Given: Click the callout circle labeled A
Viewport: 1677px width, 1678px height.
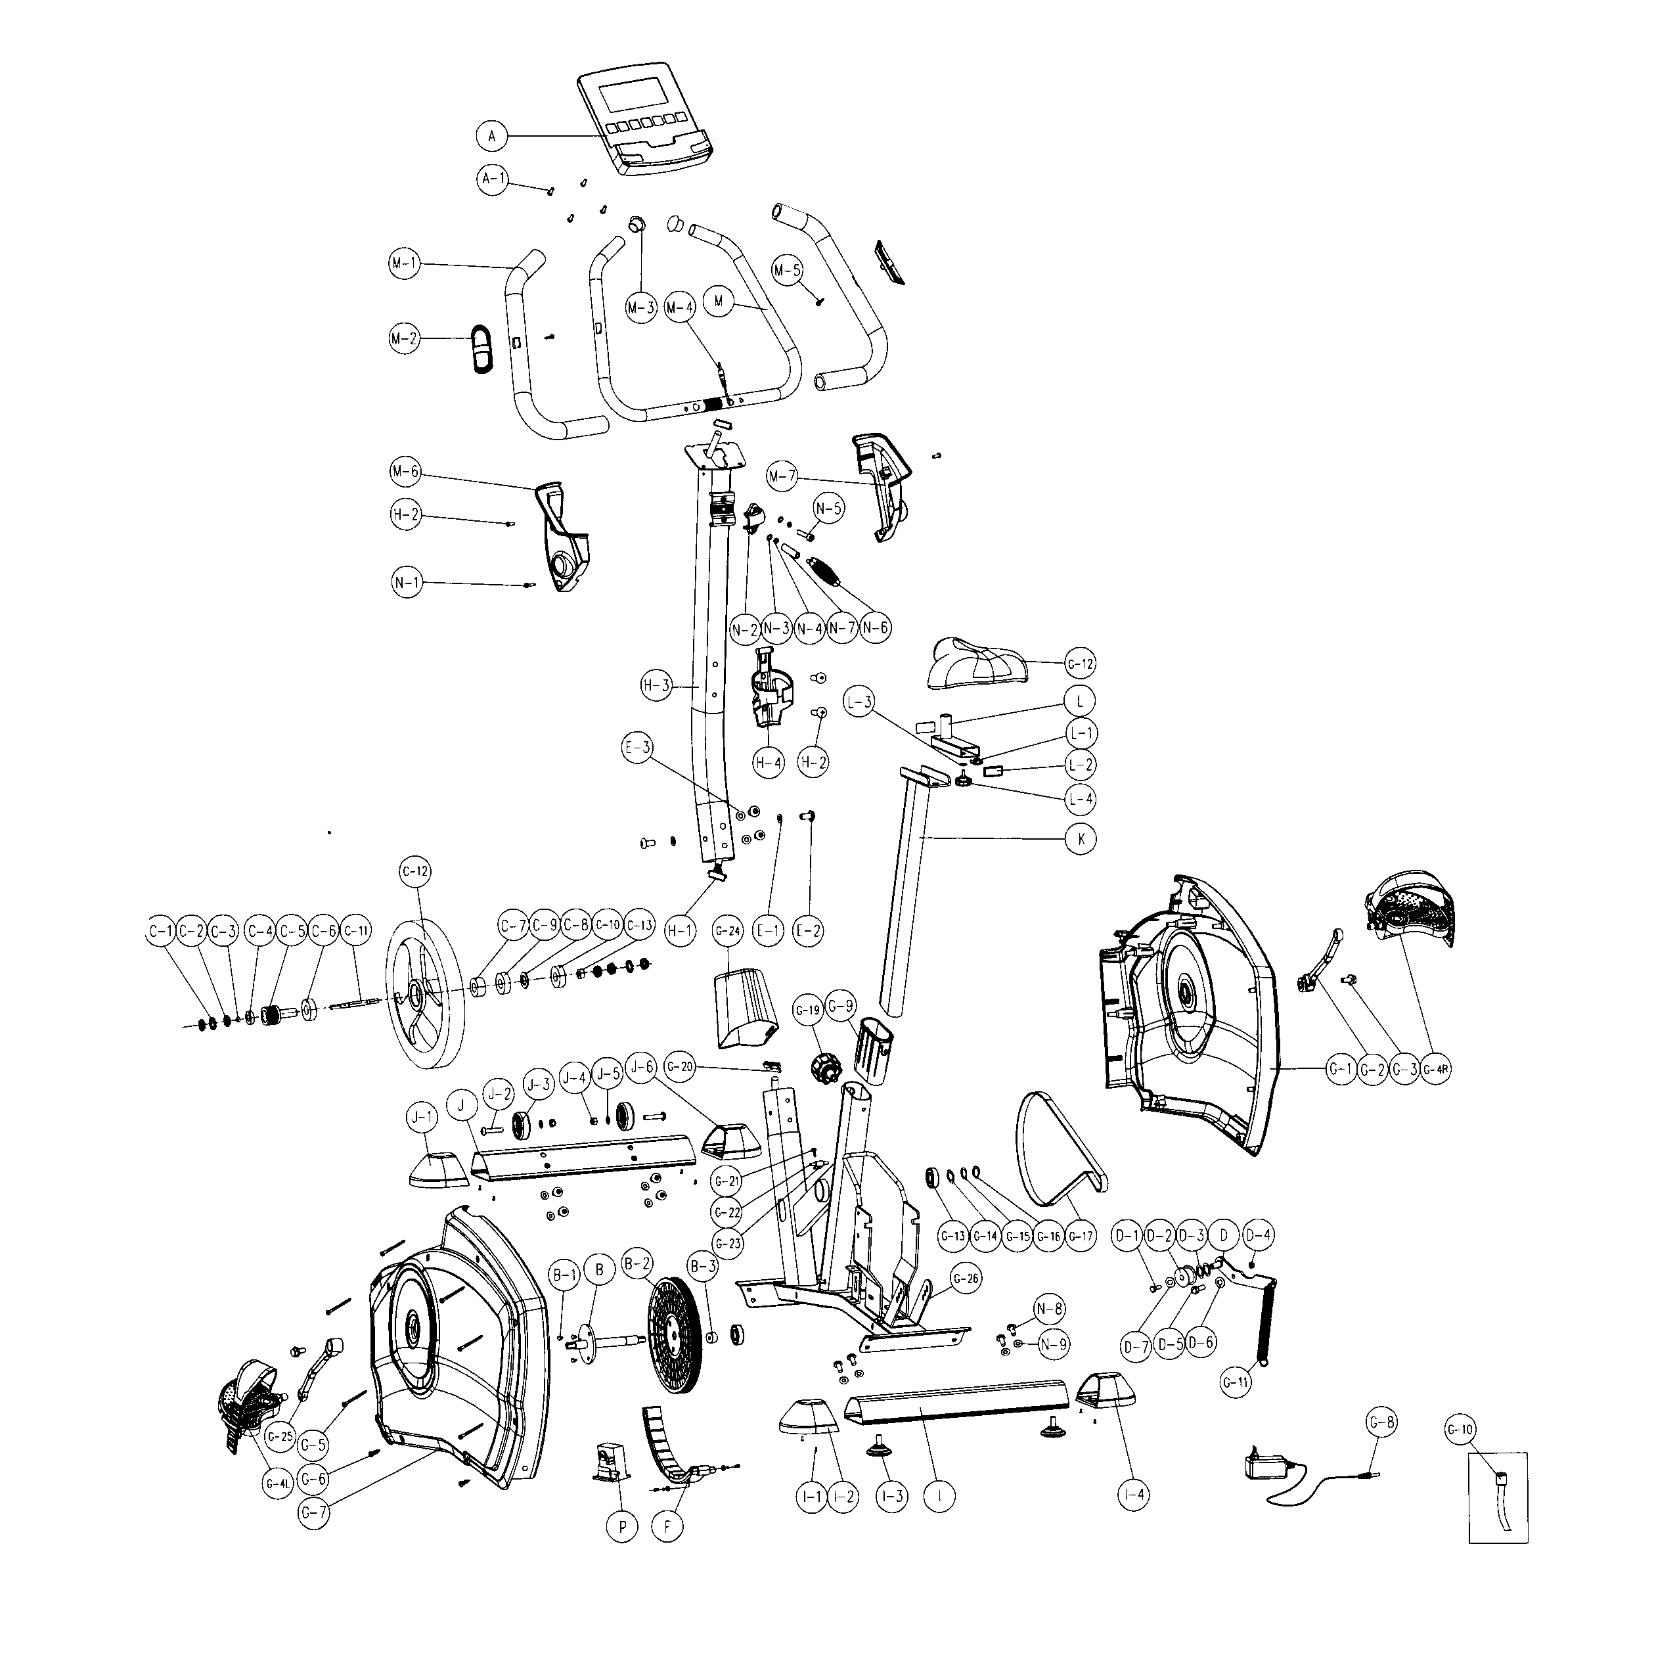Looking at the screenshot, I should [491, 137].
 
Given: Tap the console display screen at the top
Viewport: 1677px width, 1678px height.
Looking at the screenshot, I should [633, 95].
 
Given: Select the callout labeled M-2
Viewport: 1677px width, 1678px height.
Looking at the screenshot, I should [404, 339].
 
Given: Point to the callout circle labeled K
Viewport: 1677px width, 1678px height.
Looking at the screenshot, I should [1081, 839].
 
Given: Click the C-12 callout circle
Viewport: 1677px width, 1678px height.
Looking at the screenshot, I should [415, 871].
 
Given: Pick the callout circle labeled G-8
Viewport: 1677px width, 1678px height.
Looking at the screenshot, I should [1381, 1422].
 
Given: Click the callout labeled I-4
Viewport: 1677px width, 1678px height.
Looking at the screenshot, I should [1134, 1495].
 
